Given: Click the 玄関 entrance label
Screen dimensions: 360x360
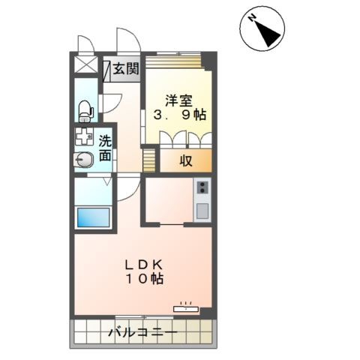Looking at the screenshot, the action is pos(126,68).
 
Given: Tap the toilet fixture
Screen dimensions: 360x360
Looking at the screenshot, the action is pos(86,111).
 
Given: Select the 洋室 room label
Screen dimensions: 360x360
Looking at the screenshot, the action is pos(178,101).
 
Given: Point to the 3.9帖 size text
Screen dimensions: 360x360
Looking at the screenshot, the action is pos(180,115).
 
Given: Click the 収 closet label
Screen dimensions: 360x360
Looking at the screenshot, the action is pos(186,160).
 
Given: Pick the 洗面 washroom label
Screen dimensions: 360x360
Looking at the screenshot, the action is pos(105,148).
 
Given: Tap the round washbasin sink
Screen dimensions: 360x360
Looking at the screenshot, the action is pos(84,160).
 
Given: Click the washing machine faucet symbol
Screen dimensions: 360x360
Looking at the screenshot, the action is pos(84,136).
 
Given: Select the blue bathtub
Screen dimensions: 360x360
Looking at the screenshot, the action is pos(93,217).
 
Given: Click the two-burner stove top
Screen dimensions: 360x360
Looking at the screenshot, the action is pos(202,187).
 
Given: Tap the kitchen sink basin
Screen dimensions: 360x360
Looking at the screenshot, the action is pos(202,211).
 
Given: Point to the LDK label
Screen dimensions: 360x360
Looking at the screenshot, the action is pos(144,265).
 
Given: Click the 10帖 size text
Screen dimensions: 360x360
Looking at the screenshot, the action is pos(145,278).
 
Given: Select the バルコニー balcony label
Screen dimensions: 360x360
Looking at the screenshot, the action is pos(142,332).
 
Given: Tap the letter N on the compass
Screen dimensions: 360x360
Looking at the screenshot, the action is pos(252,18).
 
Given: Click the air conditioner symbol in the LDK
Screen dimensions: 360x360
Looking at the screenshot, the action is pos(186,308).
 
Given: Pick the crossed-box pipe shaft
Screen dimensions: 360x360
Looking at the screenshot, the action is pos(86,64).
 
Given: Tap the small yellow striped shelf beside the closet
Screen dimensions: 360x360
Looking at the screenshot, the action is pos(149,160).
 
